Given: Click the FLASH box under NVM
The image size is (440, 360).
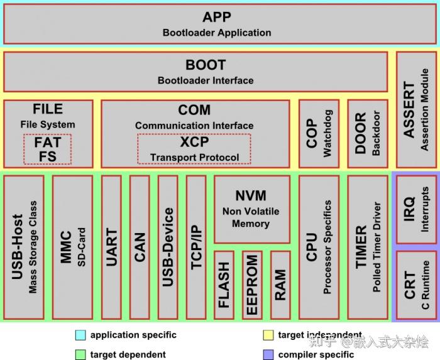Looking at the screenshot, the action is pos(224,285).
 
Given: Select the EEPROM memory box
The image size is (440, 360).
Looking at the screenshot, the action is pos(252,285).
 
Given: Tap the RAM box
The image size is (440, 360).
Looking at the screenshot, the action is pos(280,285).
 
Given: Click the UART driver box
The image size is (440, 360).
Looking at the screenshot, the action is pos(111,248).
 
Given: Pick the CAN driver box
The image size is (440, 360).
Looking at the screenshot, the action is pos(140,248).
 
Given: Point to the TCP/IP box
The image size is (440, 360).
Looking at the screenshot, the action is pos(196,248).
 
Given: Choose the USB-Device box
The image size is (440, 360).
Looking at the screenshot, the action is pos(168,248).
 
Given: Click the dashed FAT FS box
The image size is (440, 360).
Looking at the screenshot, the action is pos(47,149).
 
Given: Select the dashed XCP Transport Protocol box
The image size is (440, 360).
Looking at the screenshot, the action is pos(194,149).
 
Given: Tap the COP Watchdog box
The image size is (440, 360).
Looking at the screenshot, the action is pos(319,134).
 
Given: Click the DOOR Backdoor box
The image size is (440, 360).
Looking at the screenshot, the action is pos(368,134).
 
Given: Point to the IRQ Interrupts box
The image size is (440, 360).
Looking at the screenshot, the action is pos(416,209).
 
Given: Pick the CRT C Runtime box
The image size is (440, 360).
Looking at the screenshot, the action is pos(416,285).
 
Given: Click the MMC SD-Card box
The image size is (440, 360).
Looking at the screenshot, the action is pos(72,248).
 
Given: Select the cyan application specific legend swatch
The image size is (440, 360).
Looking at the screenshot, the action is pos(80,335).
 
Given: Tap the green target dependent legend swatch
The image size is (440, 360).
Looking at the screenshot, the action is pos(80,355).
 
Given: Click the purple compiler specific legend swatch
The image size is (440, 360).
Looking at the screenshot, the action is pos(268,355).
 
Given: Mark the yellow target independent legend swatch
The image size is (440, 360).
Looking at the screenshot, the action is pos(268,335).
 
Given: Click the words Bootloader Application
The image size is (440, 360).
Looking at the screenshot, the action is pos(217,33).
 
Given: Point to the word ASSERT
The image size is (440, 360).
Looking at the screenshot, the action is pos(409,109).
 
